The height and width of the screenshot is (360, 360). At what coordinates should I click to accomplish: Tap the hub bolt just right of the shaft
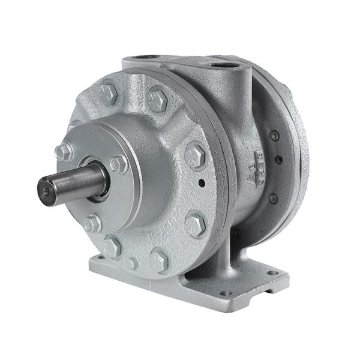(x=118, y=163)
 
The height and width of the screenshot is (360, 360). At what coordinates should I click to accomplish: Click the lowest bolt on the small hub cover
(x=92, y=224)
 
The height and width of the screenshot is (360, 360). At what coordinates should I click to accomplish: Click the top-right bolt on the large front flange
(x=158, y=98)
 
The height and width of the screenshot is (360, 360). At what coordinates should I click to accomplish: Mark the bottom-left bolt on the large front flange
(x=112, y=247)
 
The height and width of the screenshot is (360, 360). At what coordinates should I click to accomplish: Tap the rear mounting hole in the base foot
(x=273, y=273)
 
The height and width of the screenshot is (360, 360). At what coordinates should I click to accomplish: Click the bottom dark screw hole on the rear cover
(x=274, y=198)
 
